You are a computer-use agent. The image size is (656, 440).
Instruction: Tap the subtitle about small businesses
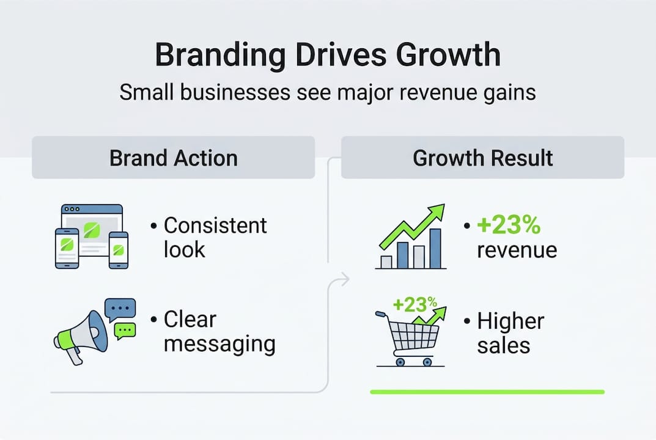[x=328, y=92]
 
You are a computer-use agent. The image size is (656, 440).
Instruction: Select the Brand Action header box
[x=173, y=158]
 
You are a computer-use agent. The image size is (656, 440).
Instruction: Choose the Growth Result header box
[x=482, y=158]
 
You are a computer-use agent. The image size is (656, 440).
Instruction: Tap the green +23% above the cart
[x=415, y=304]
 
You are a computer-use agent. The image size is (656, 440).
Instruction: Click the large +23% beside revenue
[x=509, y=226]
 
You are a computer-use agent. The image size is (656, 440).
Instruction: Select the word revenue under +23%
[x=517, y=250]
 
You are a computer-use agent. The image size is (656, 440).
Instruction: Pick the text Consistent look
[x=215, y=237]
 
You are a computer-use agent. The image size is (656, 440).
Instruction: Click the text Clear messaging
[x=219, y=332]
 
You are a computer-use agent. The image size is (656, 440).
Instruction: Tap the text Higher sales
[x=510, y=333]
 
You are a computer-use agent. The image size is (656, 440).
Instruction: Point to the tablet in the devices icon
[x=67, y=248]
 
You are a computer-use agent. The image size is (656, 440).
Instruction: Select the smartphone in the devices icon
[x=119, y=250]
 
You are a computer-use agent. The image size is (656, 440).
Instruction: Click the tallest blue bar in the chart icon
[x=435, y=249]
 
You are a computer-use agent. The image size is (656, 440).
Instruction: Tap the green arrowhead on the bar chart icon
[x=437, y=213]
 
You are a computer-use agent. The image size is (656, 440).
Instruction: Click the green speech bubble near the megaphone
[x=126, y=330]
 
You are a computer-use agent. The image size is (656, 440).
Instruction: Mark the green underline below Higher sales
[x=487, y=392]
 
